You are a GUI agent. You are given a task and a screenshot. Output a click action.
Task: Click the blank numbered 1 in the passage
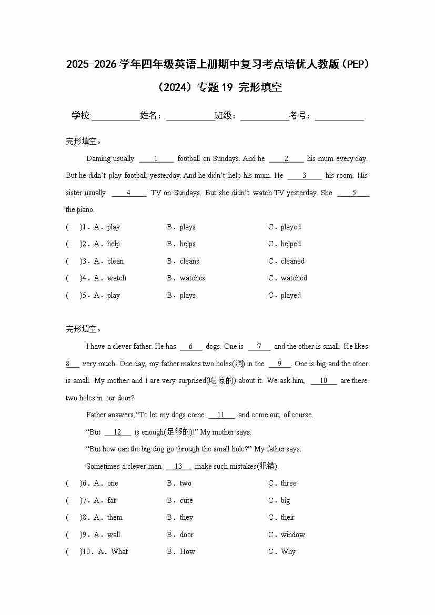tap(156, 159)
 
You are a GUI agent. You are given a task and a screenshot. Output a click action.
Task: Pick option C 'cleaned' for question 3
tap(292, 261)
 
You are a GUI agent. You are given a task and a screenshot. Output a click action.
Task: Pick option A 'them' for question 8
tap(115, 518)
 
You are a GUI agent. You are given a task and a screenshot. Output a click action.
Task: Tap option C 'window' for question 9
tap(292, 535)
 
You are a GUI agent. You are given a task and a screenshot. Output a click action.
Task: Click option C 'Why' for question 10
tap(288, 552)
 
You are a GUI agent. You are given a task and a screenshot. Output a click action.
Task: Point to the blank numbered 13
tap(178, 467)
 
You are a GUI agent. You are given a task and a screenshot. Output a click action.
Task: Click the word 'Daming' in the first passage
tap(98, 159)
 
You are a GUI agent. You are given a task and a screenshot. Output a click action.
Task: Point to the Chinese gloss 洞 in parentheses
tap(238, 364)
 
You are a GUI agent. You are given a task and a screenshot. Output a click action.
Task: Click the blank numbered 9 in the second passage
tap(280, 364)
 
